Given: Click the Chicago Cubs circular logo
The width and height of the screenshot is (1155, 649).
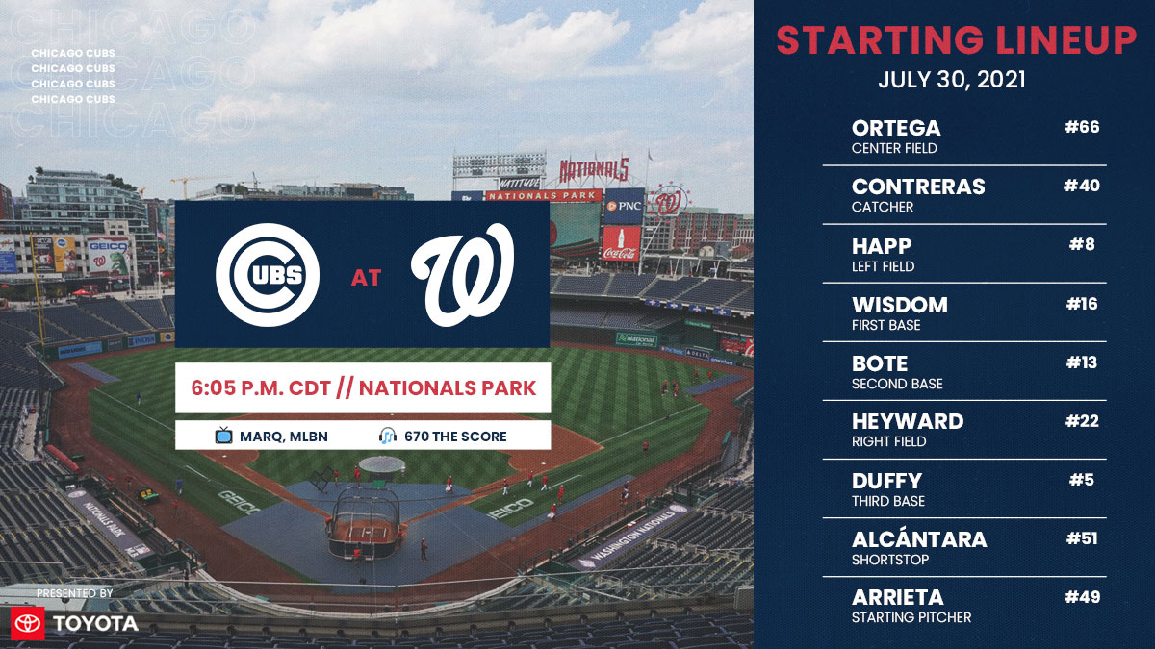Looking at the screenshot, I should point(268,274).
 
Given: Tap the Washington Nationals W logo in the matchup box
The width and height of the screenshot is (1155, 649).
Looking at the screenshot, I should point(463,274).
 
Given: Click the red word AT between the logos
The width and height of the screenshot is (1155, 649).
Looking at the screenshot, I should point(366,279).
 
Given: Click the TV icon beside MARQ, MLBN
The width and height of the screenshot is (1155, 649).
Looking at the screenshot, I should point(224,437).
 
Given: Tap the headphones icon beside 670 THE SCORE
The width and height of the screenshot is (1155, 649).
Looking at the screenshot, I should point(387,437).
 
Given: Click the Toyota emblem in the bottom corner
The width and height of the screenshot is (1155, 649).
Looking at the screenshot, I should point(28,623).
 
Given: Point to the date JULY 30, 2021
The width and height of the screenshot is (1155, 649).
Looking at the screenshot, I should point(952,80).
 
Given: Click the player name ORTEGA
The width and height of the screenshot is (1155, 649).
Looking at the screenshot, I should point(896,128).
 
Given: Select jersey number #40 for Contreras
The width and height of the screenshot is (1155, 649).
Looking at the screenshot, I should point(1081,186).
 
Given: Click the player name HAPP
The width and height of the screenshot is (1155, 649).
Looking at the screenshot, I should point(882,246).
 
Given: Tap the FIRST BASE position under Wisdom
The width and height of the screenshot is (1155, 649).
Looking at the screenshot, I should point(885,325).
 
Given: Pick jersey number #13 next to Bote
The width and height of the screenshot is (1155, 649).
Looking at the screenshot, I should point(1082,362).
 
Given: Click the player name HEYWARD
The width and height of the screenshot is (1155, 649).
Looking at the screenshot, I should point(908,421).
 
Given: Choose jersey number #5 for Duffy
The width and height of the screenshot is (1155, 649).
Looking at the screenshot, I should point(1085,480).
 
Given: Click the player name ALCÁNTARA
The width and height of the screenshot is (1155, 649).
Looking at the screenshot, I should point(919,538).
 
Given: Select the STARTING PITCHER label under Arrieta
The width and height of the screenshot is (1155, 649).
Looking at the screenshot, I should point(911,617).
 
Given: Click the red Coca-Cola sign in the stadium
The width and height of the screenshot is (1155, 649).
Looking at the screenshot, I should point(621,243).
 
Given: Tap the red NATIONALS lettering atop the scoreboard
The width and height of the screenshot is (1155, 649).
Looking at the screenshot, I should point(594,171).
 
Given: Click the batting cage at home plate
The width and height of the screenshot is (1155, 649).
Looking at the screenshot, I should point(362,522).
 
